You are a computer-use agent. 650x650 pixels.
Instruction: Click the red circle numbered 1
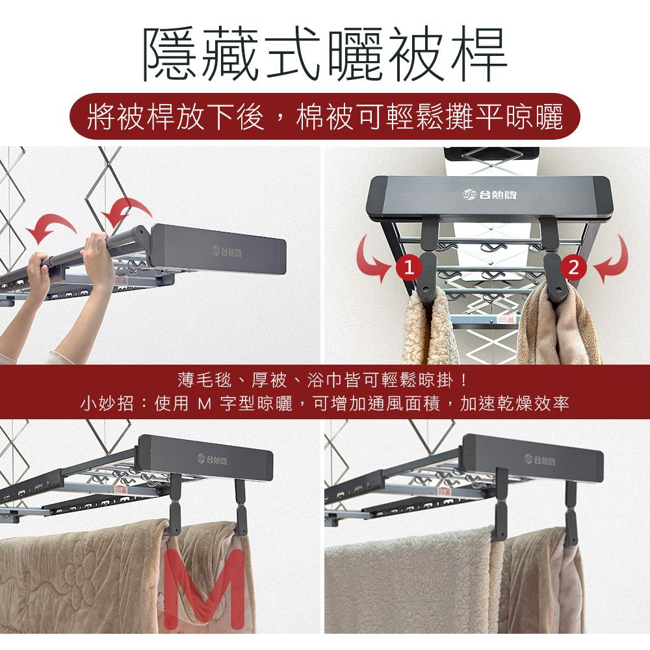tap(409, 267)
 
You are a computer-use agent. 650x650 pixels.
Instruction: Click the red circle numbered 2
tap(573, 267)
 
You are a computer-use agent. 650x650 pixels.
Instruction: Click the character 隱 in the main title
tap(171, 54)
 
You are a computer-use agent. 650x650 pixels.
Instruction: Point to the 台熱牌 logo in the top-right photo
tap(489, 194)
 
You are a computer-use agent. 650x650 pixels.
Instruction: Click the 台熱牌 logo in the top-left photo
tap(226, 251)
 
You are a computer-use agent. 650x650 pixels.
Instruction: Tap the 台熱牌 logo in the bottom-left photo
tap(213, 460)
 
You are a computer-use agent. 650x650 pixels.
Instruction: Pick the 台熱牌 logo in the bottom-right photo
tap(539, 460)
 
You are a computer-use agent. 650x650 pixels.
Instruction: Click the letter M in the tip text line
tap(204, 404)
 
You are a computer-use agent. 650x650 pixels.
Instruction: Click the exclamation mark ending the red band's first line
tap(464, 380)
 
